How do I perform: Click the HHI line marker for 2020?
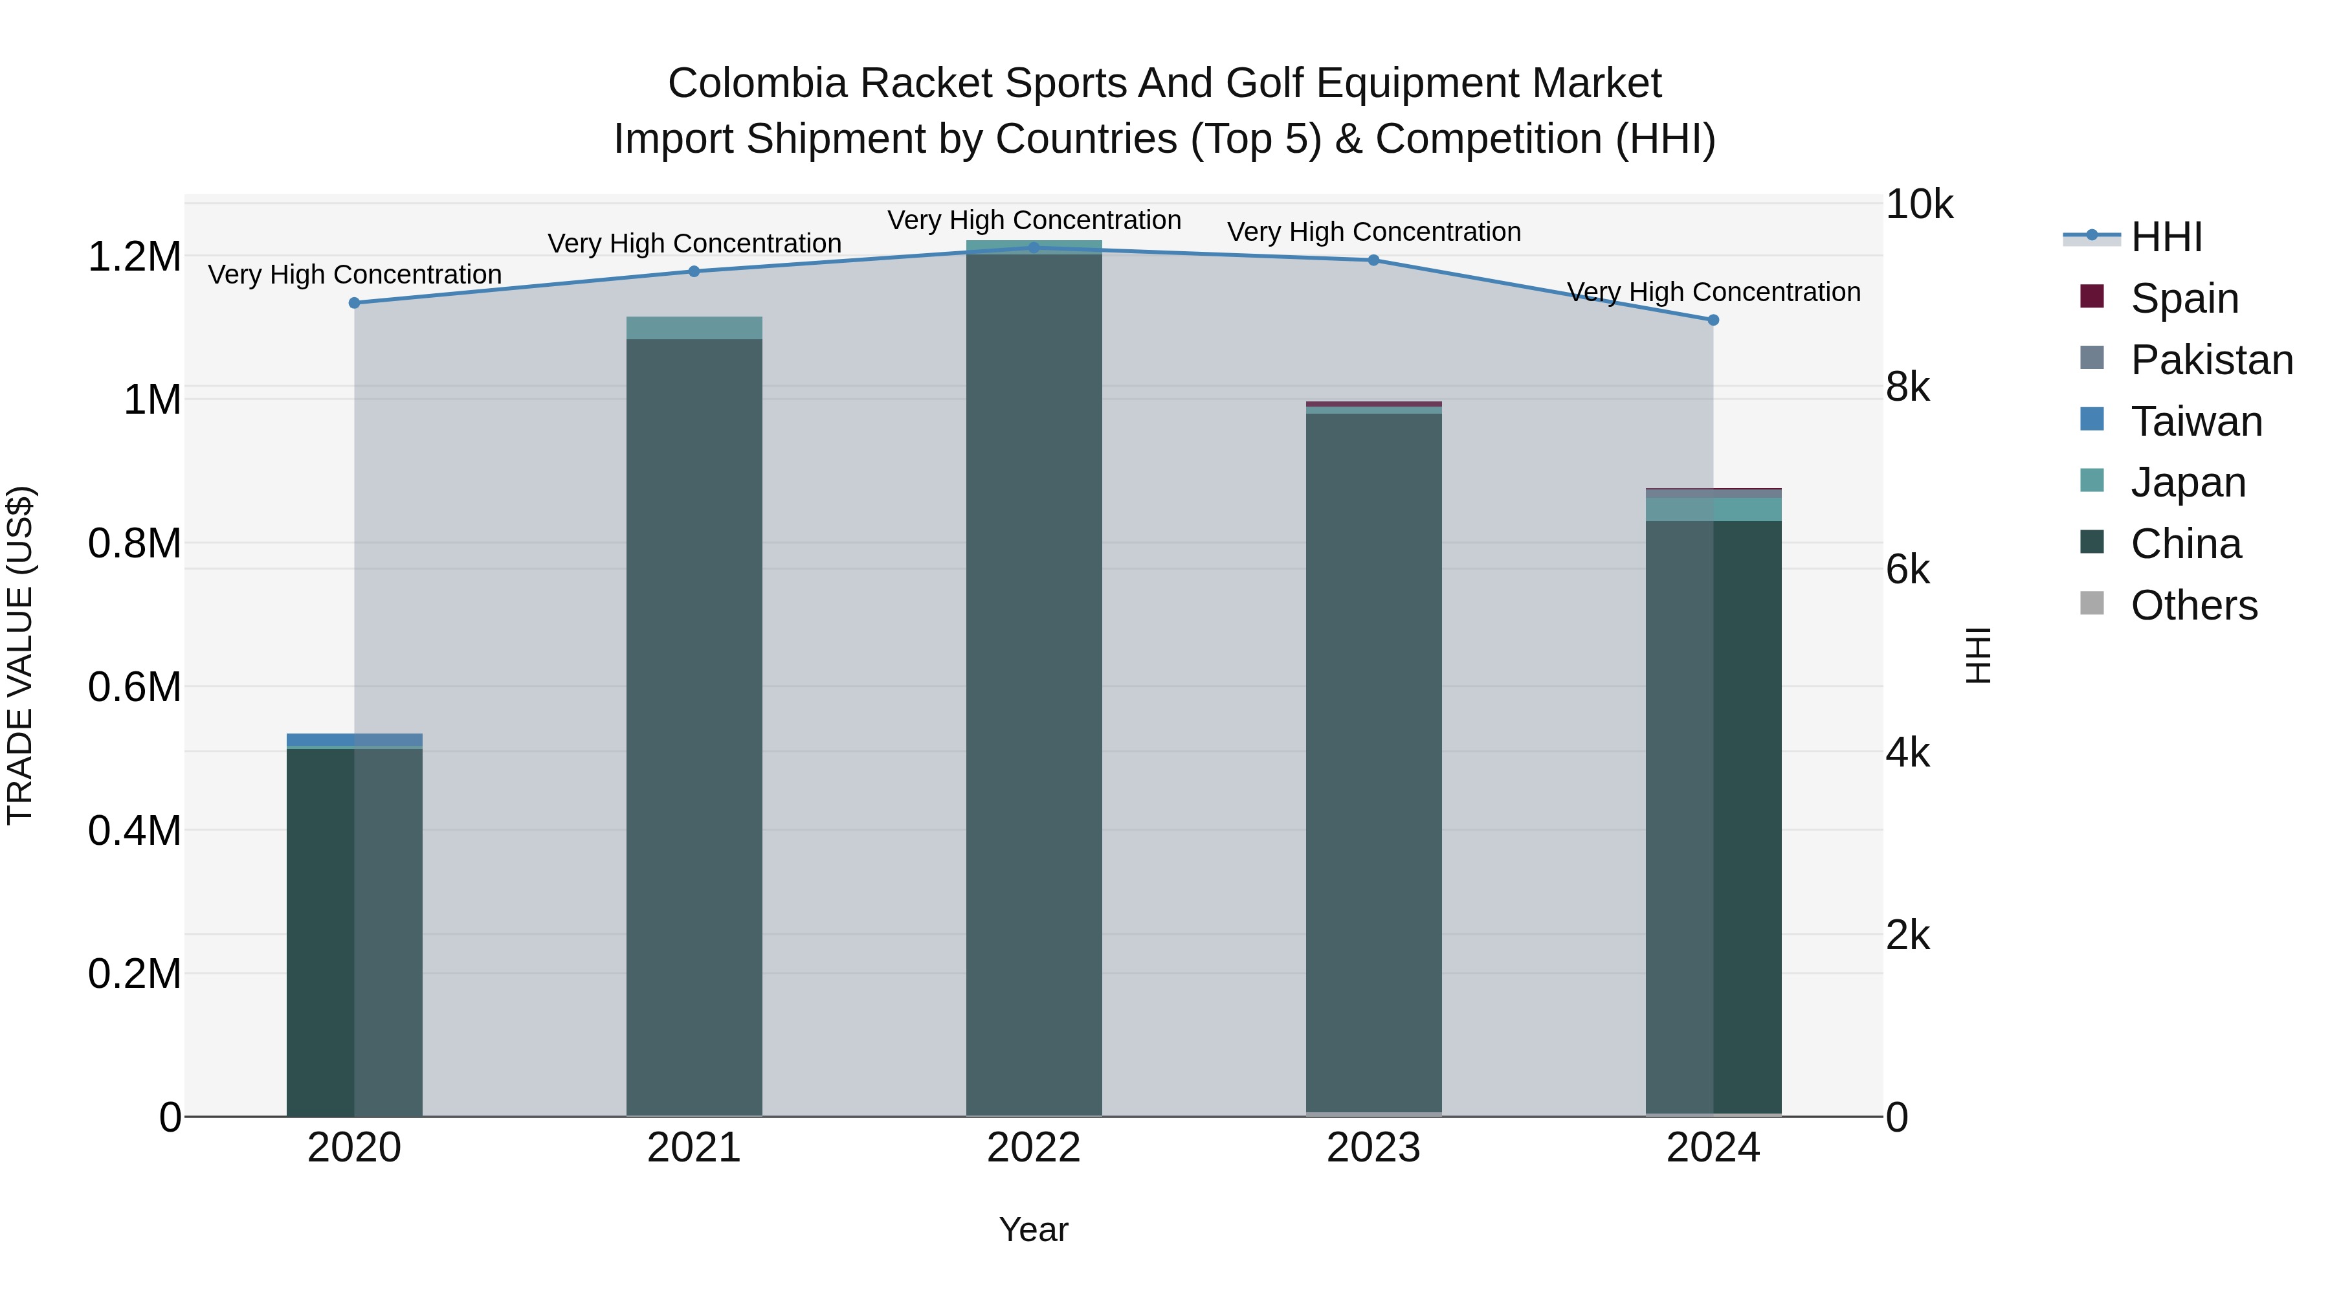click(x=355, y=303)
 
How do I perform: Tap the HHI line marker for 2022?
click(x=1034, y=248)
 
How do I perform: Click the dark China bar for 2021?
click(x=694, y=724)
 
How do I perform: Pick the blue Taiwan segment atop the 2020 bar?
click(x=355, y=739)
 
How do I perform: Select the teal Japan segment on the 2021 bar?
click(x=694, y=328)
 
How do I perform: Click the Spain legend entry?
click(x=2184, y=298)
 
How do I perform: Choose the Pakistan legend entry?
click(x=2211, y=360)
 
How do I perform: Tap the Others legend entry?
click(x=2193, y=605)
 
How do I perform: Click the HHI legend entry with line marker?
click(x=2166, y=237)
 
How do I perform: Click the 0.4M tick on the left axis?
click(x=134, y=831)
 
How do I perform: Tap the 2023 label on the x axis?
click(x=1373, y=1148)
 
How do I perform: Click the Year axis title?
click(x=1033, y=1229)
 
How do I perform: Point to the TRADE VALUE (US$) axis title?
click(x=20, y=655)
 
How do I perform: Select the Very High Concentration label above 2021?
click(x=694, y=243)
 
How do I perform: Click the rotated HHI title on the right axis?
click(x=1979, y=655)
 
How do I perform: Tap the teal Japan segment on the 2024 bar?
click(x=1713, y=510)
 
